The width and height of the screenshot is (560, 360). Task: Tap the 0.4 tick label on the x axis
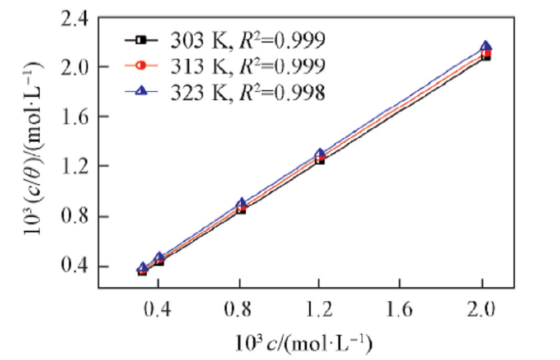(x=159, y=308)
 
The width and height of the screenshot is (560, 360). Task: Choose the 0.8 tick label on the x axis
(x=240, y=308)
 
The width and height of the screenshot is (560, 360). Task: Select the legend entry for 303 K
(x=224, y=40)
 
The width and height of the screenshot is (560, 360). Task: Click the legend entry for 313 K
(x=224, y=66)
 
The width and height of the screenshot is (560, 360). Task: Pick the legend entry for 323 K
(x=224, y=92)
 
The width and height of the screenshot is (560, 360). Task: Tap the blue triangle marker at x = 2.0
(x=486, y=46)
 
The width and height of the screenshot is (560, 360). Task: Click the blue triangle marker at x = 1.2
(x=320, y=153)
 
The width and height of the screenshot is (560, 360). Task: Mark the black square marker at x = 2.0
(x=486, y=57)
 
